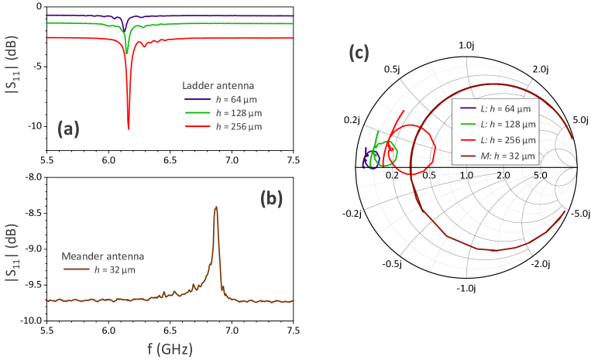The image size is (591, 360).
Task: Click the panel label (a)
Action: pyautogui.click(x=70, y=130)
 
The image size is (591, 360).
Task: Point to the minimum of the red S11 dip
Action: pyautogui.click(x=129, y=129)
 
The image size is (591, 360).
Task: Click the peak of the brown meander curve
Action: pyautogui.click(x=216, y=207)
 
